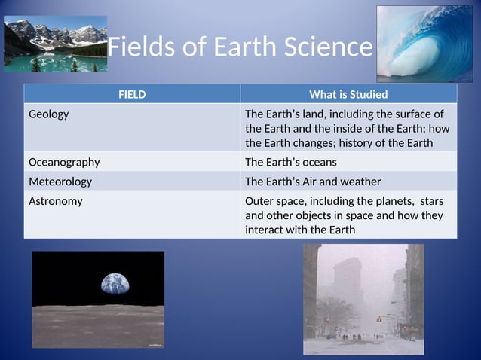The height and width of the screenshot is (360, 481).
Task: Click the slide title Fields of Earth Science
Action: coord(240,47)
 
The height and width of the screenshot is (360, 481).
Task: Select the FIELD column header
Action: coord(132,94)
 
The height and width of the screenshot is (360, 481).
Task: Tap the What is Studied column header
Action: coord(348,94)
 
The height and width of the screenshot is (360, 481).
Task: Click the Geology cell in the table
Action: coord(49,114)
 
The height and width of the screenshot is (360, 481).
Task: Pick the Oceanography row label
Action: coord(64,162)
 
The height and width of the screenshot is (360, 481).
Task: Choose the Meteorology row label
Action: coord(60,182)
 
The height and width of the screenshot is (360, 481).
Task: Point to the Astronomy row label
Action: coord(56,201)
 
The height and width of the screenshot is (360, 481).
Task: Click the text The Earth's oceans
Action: coord(291,162)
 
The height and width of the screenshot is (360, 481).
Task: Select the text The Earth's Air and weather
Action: coord(313,182)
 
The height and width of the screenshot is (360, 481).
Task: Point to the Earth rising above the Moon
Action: coord(115,285)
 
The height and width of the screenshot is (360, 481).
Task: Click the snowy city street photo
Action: coord(363,299)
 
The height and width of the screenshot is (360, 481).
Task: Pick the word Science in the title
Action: coord(329,47)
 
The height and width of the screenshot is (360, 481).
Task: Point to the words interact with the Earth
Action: coord(300,230)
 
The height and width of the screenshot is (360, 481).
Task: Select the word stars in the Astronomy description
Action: coord(430,201)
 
